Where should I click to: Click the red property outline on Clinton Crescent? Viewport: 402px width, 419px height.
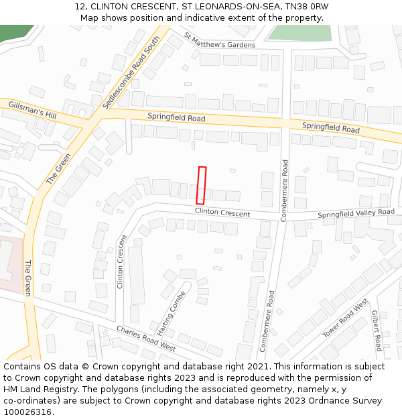pyautogui.click(x=201, y=186)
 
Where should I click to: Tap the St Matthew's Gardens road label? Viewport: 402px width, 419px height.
pyautogui.click(x=219, y=42)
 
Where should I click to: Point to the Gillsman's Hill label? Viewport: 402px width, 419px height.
pyautogui.click(x=32, y=110)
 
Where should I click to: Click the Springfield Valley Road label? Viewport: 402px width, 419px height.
pyautogui.click(x=356, y=213)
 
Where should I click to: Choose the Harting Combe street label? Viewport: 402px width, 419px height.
pyautogui.click(x=171, y=312)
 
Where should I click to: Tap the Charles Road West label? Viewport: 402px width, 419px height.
pyautogui.click(x=145, y=339)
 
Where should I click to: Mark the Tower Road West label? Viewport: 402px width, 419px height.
pyautogui.click(x=345, y=319)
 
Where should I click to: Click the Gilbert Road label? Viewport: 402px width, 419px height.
pyautogui.click(x=377, y=330)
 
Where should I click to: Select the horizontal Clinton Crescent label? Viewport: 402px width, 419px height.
pyautogui.click(x=222, y=213)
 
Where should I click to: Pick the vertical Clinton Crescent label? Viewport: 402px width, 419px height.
pyautogui.click(x=121, y=261)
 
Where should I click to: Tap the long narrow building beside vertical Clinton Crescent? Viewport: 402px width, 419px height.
pyautogui.click(x=136, y=275)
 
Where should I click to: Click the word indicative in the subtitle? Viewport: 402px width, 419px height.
pyautogui.click(x=213, y=17)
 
